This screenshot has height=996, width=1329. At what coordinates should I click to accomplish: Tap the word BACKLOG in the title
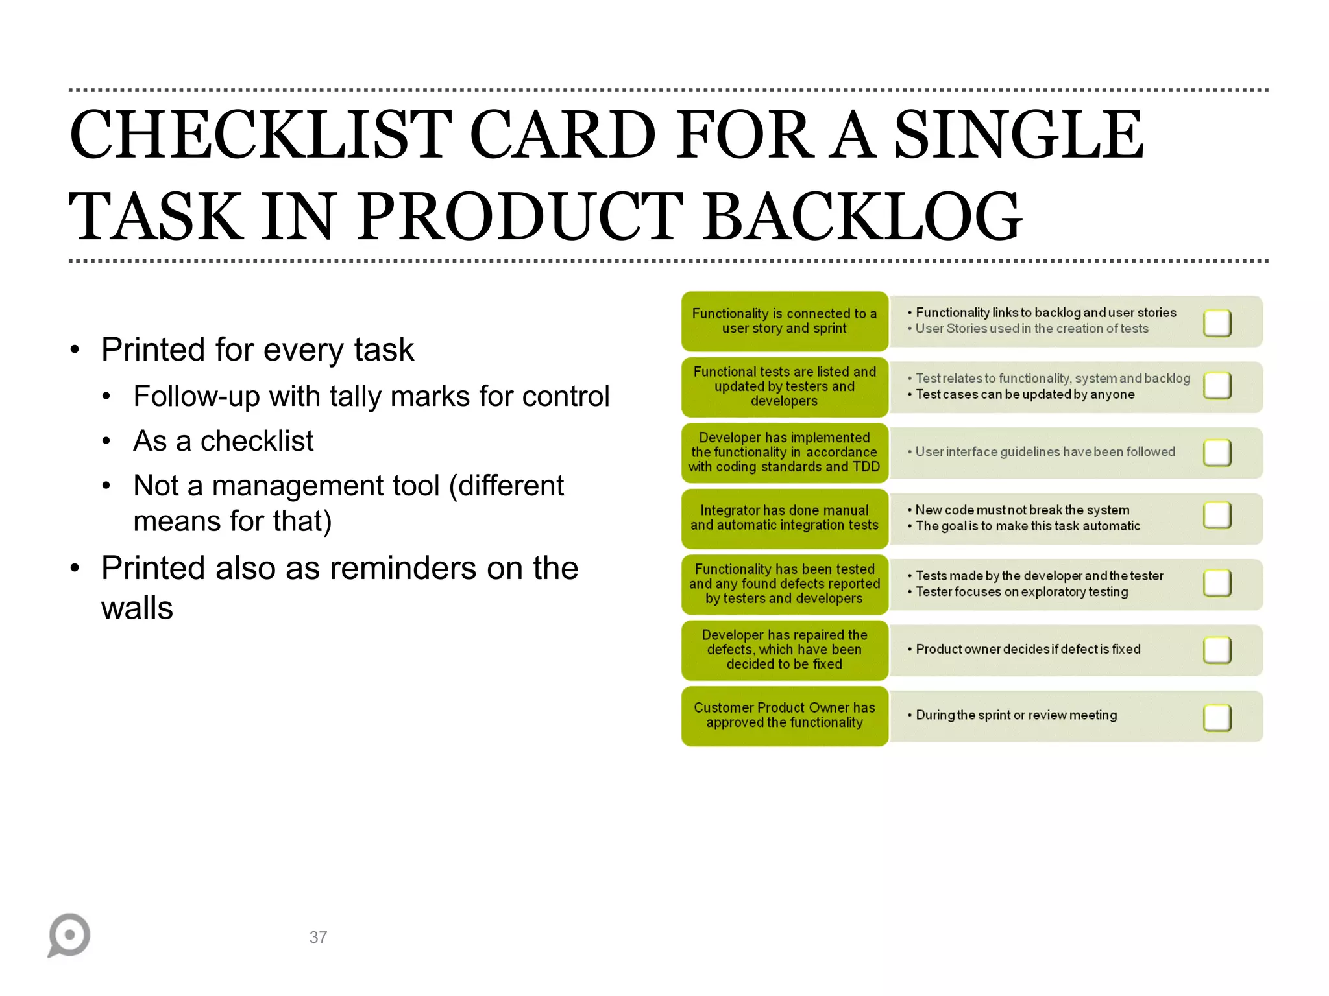pyautogui.click(x=863, y=217)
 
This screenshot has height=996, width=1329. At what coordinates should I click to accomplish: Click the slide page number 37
pyautogui.click(x=318, y=937)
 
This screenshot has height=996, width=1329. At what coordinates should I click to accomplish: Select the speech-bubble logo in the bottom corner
pyautogui.click(x=69, y=934)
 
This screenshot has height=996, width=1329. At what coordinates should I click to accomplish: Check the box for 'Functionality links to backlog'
pyautogui.click(x=1217, y=323)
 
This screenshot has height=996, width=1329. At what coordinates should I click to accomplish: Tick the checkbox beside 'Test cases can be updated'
pyautogui.click(x=1217, y=386)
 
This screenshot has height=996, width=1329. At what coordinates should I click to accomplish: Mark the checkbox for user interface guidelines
pyautogui.click(x=1217, y=453)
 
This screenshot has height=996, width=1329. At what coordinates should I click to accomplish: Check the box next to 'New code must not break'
pyautogui.click(x=1217, y=516)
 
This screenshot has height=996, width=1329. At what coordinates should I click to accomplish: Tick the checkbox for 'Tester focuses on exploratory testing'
pyautogui.click(x=1217, y=583)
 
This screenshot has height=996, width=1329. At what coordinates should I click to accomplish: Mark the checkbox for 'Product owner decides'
pyautogui.click(x=1217, y=650)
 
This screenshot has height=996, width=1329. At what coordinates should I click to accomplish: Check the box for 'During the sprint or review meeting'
pyautogui.click(x=1217, y=717)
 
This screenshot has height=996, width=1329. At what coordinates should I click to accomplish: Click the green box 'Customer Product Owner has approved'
pyautogui.click(x=784, y=716)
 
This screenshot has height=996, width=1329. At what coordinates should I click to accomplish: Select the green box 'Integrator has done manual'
pyautogui.click(x=784, y=518)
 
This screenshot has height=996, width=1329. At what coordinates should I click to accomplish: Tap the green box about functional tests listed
pyautogui.click(x=784, y=386)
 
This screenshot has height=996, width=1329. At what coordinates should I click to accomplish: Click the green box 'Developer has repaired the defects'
pyautogui.click(x=784, y=650)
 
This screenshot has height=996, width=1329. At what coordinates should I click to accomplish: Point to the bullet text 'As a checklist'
pyautogui.click(x=223, y=441)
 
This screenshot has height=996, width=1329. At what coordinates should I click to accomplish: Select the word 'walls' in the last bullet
pyautogui.click(x=137, y=608)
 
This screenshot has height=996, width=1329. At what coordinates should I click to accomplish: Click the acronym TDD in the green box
pyautogui.click(x=866, y=467)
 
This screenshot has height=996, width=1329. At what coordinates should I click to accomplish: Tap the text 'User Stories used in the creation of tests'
pyautogui.click(x=1031, y=329)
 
